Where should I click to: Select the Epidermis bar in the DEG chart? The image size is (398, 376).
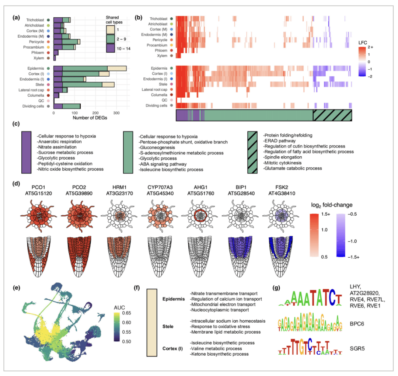pos(90,68)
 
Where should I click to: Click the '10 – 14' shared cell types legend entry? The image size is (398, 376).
pos(112,48)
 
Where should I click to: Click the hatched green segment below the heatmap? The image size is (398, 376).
pos(332,115)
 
